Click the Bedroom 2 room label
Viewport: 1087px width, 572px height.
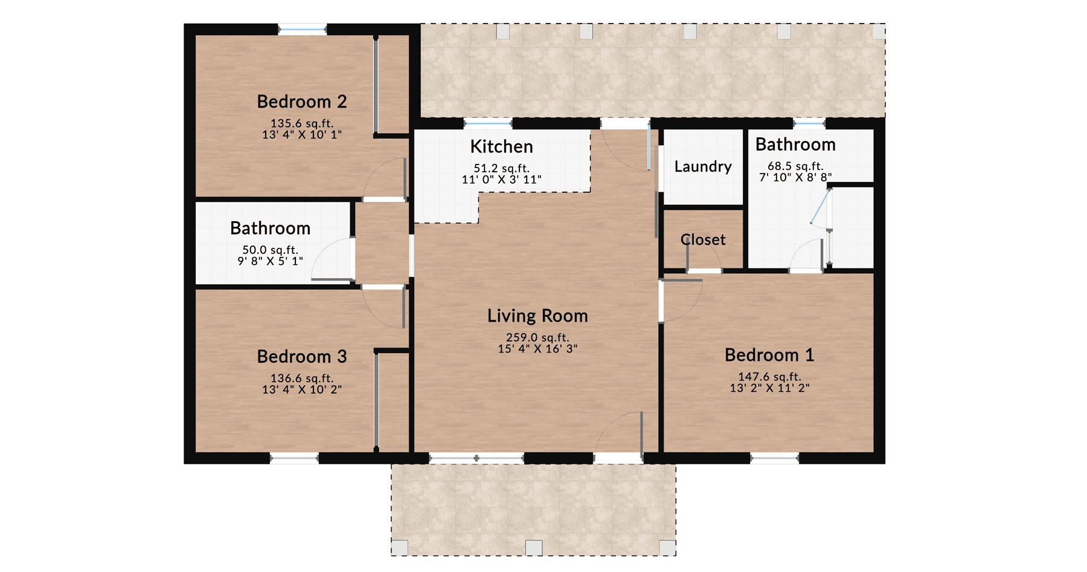(x=301, y=102)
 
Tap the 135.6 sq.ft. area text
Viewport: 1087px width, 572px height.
(x=301, y=123)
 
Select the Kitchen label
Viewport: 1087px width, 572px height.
(x=501, y=146)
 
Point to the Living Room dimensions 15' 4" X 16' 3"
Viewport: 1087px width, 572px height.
(x=537, y=349)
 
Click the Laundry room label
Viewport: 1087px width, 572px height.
(x=702, y=166)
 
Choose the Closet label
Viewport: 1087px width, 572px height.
(x=702, y=239)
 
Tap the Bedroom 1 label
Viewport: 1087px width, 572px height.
(x=769, y=355)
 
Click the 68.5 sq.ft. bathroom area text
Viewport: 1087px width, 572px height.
(x=795, y=166)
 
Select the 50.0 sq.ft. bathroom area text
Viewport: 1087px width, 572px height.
(x=270, y=250)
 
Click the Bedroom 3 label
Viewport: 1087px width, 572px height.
(x=301, y=357)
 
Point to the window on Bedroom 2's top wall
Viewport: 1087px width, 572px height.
(x=302, y=28)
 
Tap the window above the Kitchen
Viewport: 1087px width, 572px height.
(x=488, y=123)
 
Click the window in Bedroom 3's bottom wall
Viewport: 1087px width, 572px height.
(x=293, y=459)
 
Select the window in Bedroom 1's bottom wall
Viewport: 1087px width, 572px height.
(x=774, y=459)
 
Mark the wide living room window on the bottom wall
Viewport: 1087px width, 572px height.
(x=476, y=459)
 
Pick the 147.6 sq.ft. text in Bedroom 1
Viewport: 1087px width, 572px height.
(x=769, y=377)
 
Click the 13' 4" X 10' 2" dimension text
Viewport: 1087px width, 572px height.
(x=301, y=390)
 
